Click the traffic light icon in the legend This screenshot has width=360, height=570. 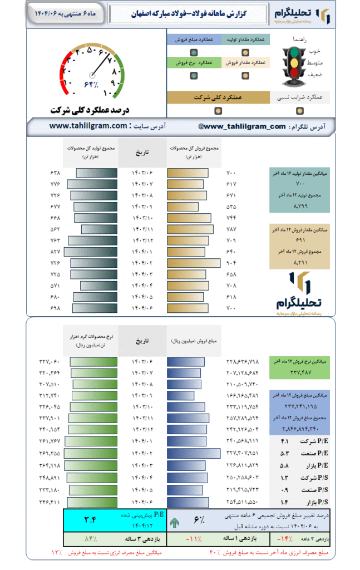click(x=293, y=65)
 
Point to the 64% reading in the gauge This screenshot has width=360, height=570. click(x=91, y=85)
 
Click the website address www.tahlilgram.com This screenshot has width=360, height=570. click(x=88, y=126)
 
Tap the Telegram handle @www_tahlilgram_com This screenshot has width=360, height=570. click(x=241, y=126)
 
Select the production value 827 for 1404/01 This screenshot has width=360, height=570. click(x=55, y=252)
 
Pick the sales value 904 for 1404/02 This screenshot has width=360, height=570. click(x=231, y=262)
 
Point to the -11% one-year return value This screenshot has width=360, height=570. click(x=193, y=539)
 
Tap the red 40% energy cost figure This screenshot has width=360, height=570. click(x=214, y=552)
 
